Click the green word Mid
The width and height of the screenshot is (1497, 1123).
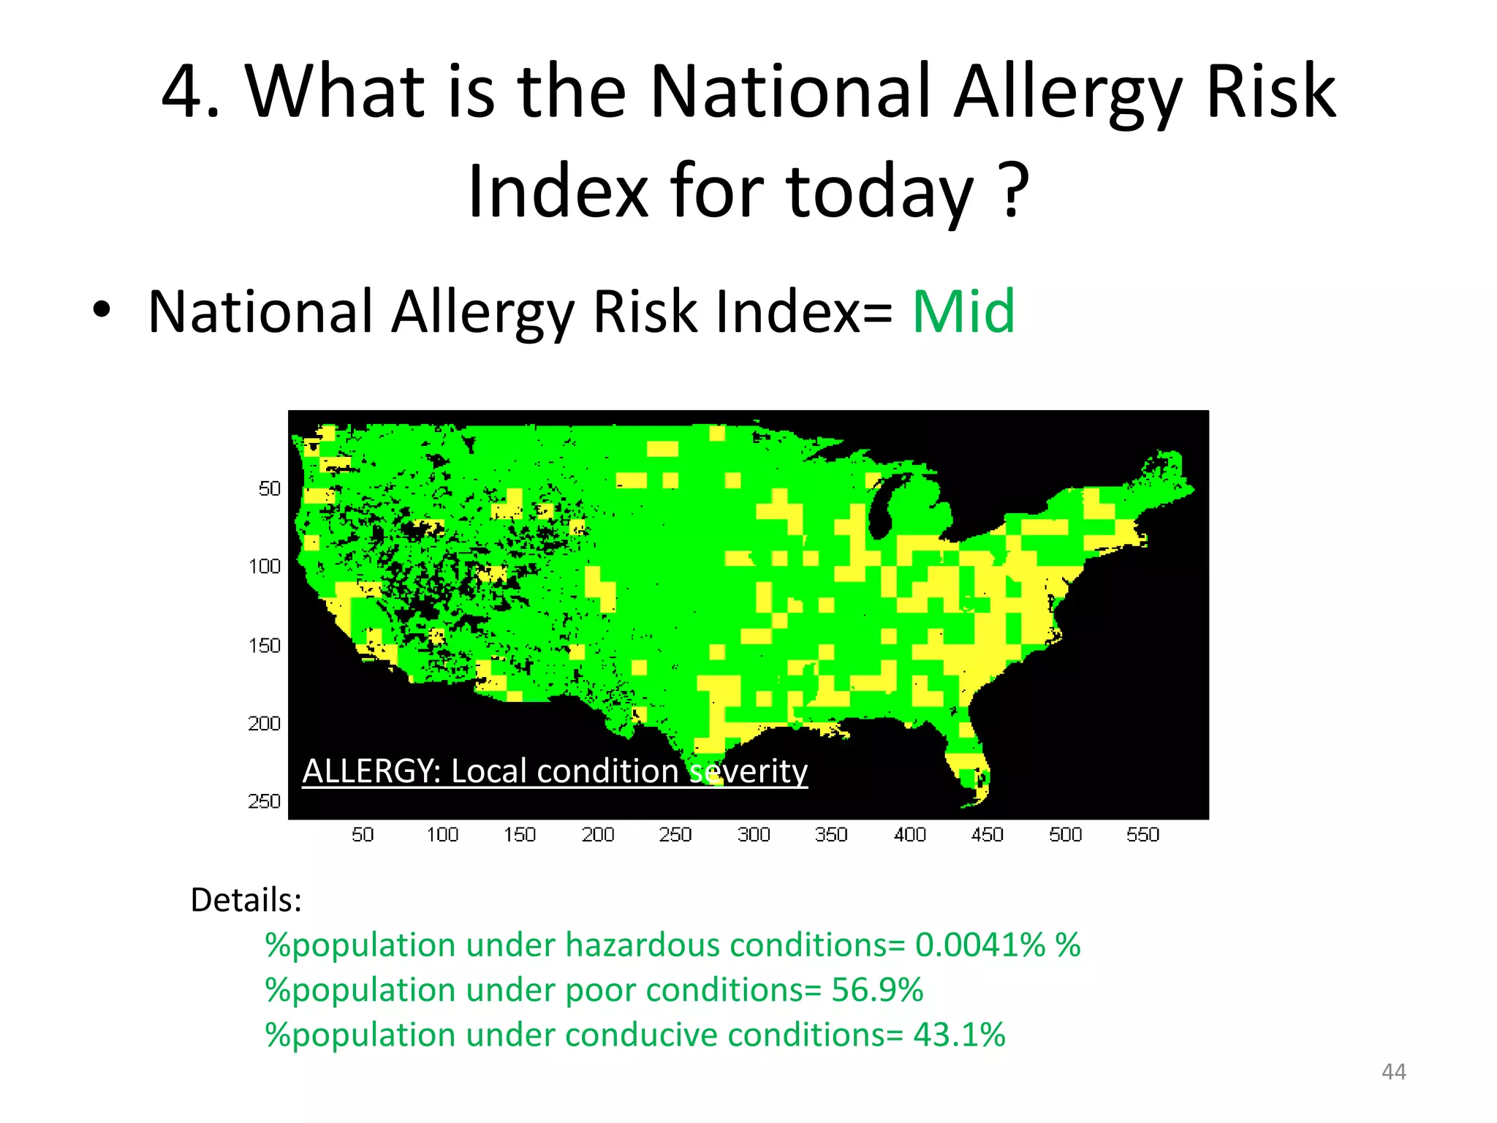click(963, 311)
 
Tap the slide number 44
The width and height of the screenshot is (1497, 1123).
click(1393, 1072)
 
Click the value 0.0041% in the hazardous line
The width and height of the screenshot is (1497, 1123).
click(979, 945)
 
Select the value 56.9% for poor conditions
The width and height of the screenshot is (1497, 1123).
click(877, 990)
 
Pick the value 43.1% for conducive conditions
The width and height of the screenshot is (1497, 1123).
click(959, 1035)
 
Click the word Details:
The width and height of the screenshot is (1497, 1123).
click(246, 900)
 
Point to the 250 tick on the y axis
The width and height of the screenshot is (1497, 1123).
click(264, 802)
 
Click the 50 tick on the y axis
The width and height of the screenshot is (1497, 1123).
click(269, 488)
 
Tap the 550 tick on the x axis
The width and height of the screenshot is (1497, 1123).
click(1142, 835)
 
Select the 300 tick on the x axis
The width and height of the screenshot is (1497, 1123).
click(754, 835)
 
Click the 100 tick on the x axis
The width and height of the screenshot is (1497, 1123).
click(442, 835)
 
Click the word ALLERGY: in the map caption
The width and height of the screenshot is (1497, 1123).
click(371, 771)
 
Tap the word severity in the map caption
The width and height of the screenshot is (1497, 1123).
click(748, 771)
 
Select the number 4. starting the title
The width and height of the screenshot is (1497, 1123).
click(190, 92)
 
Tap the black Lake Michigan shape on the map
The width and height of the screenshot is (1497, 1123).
click(883, 504)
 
